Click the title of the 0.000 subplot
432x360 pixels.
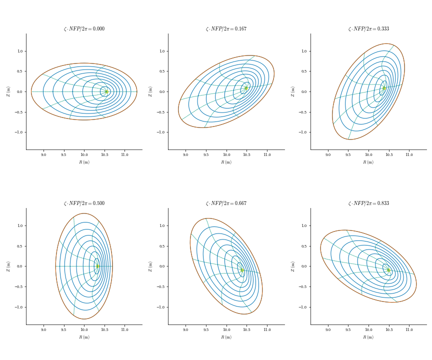click(x=84, y=29)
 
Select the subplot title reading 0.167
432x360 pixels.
click(x=226, y=29)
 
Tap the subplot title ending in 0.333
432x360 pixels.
click(x=368, y=29)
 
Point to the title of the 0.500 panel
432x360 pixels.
click(x=84, y=203)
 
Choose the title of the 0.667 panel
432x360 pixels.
click(x=226, y=203)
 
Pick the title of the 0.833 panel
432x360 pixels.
click(x=368, y=203)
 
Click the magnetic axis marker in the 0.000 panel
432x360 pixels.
click(x=106, y=91)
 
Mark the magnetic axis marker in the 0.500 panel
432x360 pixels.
click(x=97, y=266)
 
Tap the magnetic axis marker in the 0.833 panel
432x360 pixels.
click(x=388, y=270)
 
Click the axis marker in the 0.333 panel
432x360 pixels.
click(x=384, y=88)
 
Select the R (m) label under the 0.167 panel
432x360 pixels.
click(x=226, y=162)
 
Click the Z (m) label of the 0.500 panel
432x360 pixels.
click(x=8, y=266)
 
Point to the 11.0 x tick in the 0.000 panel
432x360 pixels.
click(x=124, y=155)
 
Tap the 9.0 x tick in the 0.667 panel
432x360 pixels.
click(x=185, y=330)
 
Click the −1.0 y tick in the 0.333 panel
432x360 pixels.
click(x=303, y=132)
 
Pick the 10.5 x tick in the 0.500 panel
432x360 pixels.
click(x=104, y=330)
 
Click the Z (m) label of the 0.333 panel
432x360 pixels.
click(x=293, y=91)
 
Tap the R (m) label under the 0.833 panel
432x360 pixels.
click(x=368, y=337)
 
